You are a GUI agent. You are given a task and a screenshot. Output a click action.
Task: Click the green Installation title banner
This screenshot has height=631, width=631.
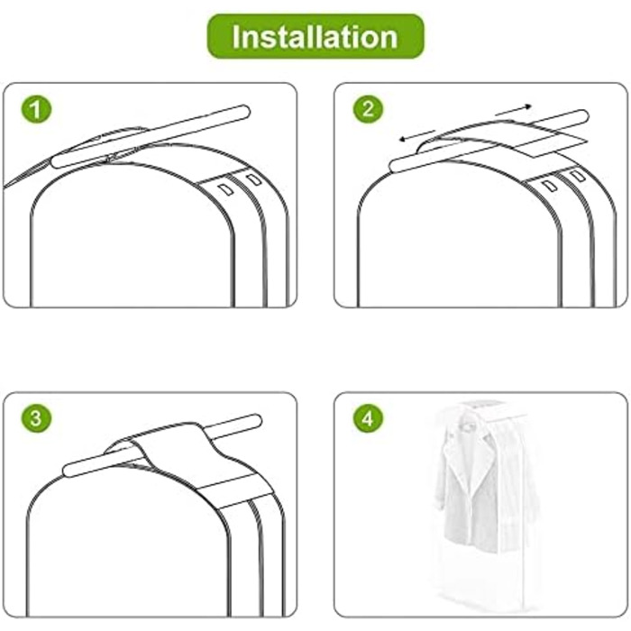[315, 36]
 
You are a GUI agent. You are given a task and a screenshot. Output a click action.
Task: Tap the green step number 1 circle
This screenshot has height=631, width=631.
[36, 109]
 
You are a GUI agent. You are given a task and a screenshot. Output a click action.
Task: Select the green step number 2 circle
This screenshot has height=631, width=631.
[368, 109]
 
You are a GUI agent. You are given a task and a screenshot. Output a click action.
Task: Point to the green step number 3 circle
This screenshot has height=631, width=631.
[36, 418]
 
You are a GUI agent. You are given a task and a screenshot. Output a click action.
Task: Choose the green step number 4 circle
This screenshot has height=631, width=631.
[368, 418]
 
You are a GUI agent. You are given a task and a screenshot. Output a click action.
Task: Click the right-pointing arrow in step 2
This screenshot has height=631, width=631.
[514, 110]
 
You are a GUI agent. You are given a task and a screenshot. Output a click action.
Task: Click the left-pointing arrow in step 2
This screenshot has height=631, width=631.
[417, 135]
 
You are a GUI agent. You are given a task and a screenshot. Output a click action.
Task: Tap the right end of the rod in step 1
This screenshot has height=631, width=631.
[245, 112]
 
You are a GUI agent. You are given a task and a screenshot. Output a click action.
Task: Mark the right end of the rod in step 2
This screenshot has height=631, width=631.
[584, 116]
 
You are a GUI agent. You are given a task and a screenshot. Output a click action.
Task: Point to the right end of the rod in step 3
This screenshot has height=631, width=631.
[257, 421]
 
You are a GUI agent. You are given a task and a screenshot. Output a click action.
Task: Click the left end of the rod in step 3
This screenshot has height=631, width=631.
[68, 470]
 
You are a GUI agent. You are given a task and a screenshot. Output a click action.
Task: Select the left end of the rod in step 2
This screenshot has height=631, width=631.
[395, 166]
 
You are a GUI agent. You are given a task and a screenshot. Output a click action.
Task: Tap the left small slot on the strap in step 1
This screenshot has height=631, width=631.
[226, 189]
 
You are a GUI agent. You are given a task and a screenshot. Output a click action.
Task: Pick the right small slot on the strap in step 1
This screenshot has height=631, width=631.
[254, 179]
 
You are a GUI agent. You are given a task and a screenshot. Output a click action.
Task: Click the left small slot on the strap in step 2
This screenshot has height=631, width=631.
[550, 186]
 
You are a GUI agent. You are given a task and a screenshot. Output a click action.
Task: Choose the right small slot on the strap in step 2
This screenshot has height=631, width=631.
[578, 176]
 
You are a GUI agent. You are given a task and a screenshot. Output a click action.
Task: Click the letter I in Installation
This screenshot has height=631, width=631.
[237, 37]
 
